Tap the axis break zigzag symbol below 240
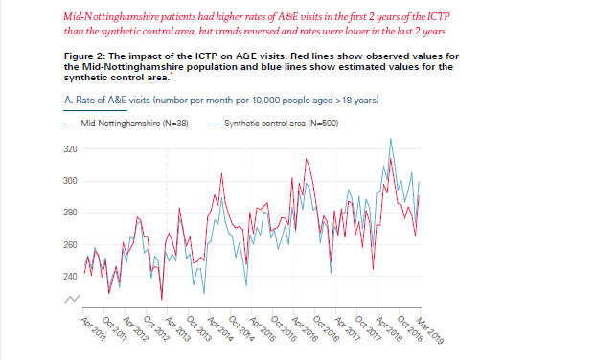(70, 300)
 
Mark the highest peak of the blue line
(390, 140)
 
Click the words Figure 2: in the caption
(83, 56)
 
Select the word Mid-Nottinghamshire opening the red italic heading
(106, 18)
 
